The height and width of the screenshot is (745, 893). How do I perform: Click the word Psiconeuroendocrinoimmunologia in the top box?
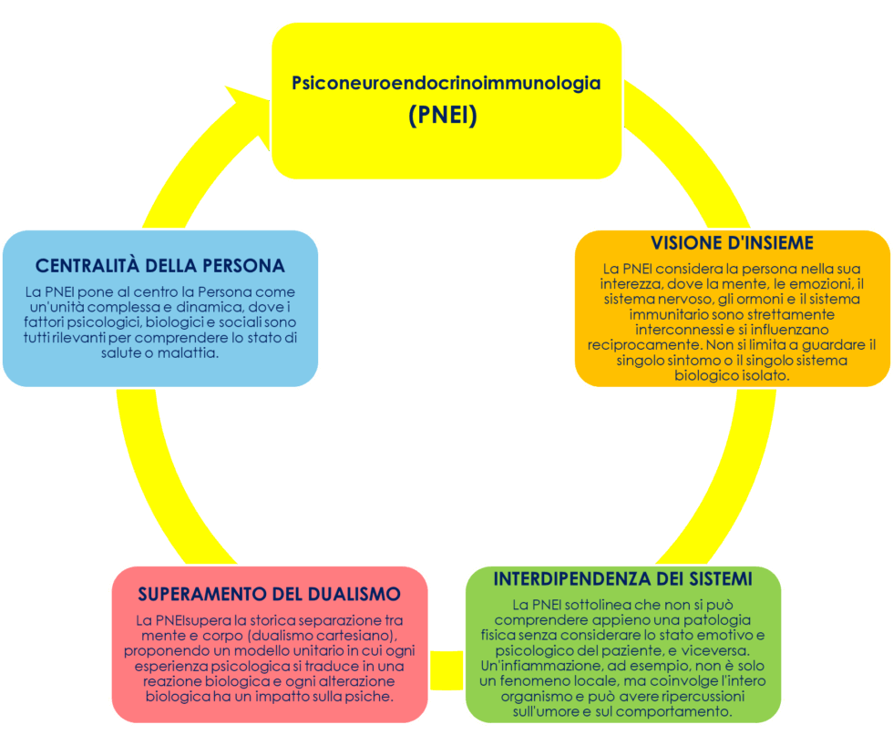click(x=446, y=83)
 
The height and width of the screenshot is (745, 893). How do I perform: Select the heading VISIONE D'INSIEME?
click(x=732, y=243)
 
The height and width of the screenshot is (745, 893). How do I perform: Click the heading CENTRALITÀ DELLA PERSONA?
click(x=160, y=266)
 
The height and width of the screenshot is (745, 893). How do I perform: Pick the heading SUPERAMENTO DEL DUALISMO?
click(x=269, y=594)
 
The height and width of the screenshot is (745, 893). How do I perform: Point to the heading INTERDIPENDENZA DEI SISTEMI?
click(x=622, y=579)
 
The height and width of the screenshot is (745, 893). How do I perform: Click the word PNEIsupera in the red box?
click(x=180, y=619)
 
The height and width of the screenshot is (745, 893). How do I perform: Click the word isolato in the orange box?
click(x=762, y=375)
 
